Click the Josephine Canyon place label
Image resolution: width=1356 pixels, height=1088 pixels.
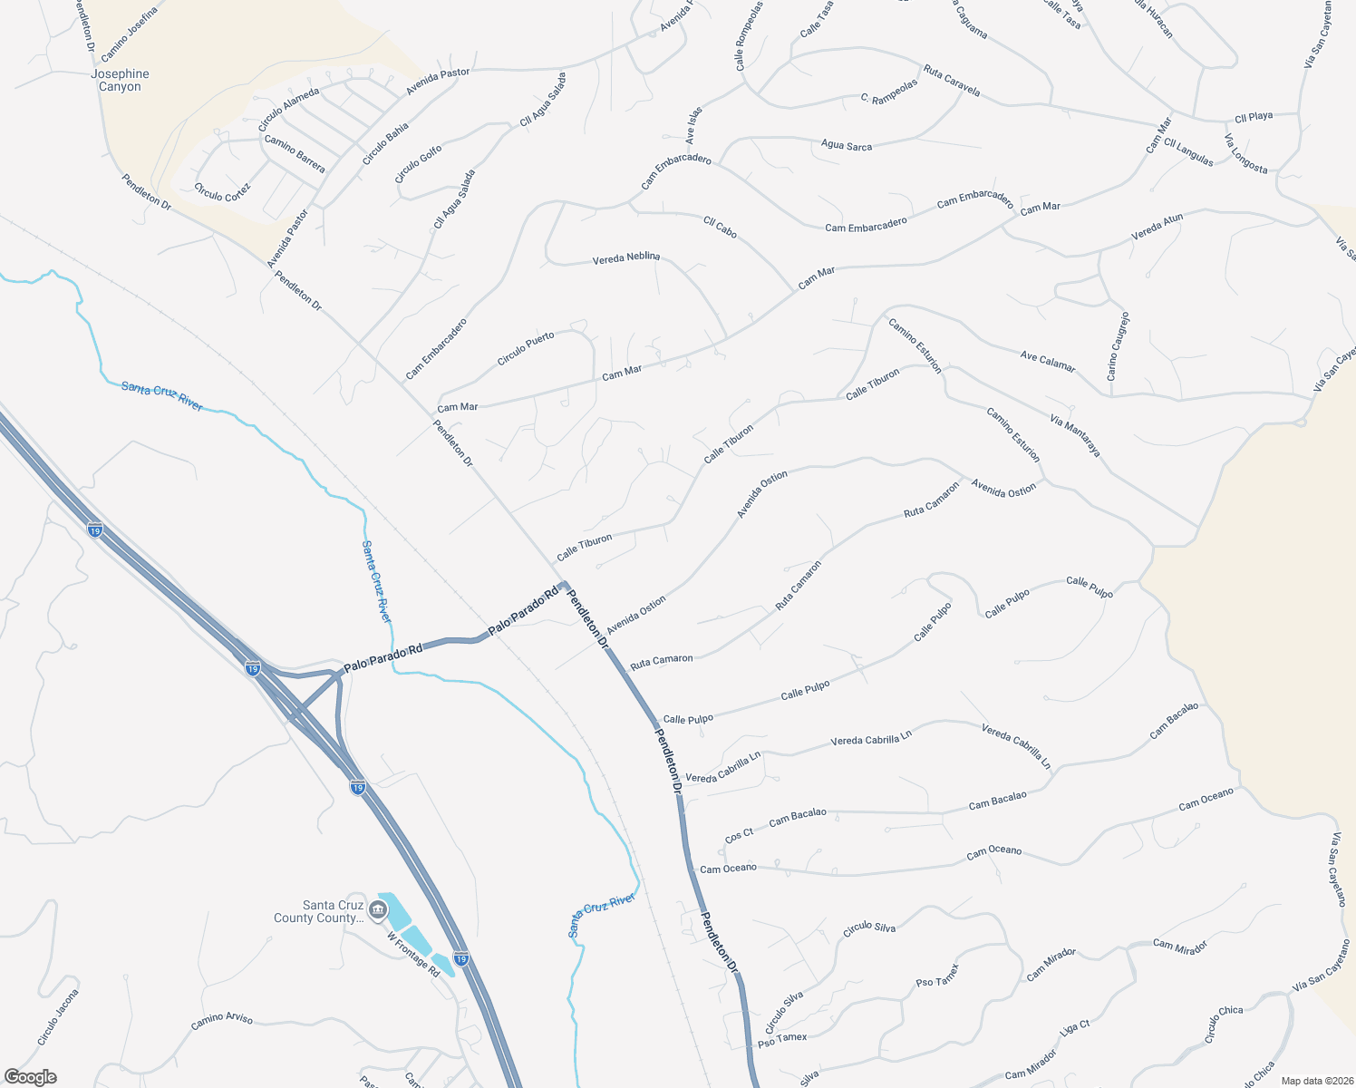pyautogui.click(x=120, y=80)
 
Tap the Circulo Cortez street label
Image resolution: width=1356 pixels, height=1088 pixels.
pyautogui.click(x=222, y=192)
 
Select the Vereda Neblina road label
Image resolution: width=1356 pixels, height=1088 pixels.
pyautogui.click(x=625, y=258)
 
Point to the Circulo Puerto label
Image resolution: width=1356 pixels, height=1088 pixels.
pyautogui.click(x=526, y=349)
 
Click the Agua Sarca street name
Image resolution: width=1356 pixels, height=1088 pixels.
pyautogui.click(x=846, y=145)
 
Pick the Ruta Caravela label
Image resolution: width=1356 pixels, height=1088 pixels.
pyautogui.click(x=952, y=80)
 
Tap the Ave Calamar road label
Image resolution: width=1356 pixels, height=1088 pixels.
pyautogui.click(x=1048, y=361)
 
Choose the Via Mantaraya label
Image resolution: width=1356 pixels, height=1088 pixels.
pyautogui.click(x=1075, y=434)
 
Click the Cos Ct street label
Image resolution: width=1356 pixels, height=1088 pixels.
pyautogui.click(x=739, y=834)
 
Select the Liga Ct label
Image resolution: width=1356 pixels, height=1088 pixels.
pyautogui.click(x=1075, y=1027)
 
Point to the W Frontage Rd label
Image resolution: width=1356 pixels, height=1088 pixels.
pyautogui.click(x=413, y=955)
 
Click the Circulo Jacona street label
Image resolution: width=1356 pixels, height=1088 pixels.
pyautogui.click(x=58, y=1017)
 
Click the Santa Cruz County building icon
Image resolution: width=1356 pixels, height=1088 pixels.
pyautogui.click(x=378, y=908)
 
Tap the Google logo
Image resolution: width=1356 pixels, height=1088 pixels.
pyautogui.click(x=30, y=1077)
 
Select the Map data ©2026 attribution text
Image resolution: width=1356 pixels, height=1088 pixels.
pyautogui.click(x=1315, y=1081)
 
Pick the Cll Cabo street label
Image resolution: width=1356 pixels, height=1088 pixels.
pyautogui.click(x=720, y=226)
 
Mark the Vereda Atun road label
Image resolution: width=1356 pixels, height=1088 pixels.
pyautogui.click(x=1157, y=227)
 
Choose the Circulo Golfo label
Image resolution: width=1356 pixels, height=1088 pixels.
pyautogui.click(x=418, y=163)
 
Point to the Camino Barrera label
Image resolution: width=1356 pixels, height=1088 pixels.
pyautogui.click(x=295, y=153)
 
